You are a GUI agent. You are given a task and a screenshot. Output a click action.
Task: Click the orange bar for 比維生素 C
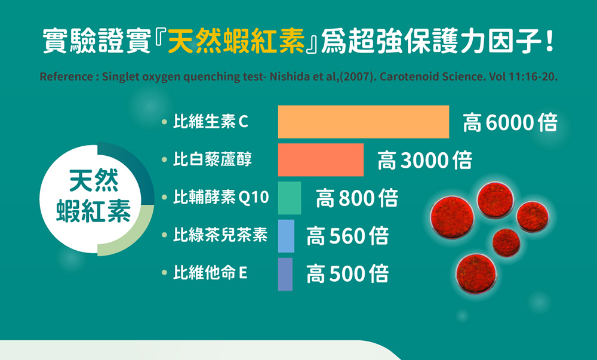coord(363,122)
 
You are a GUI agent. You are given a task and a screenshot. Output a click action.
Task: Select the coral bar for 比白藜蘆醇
coord(321,160)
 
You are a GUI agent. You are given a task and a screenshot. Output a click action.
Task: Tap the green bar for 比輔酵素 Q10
coord(290,198)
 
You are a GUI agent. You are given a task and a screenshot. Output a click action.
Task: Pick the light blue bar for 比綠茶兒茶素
coord(286,236)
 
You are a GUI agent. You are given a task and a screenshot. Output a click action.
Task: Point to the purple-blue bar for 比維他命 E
coord(285,274)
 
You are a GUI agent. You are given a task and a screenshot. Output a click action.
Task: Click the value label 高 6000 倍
coord(510,122)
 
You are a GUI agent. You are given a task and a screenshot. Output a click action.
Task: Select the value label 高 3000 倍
coord(425,160)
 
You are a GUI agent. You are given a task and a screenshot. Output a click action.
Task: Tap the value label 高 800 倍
coord(357,198)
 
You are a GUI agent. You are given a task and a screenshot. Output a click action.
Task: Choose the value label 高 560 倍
coord(347,236)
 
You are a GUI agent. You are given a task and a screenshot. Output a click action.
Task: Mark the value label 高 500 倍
coord(347,274)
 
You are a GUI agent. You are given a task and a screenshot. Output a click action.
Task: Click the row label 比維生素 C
coord(211,122)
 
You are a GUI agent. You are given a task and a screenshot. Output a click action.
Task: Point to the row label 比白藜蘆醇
coord(213,159)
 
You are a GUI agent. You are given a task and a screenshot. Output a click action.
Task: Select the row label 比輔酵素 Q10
coord(221,197)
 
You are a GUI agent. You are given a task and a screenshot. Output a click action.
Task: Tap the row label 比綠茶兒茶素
coord(220,235)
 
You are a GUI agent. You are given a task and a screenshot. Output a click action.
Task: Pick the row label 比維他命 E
coord(211,273)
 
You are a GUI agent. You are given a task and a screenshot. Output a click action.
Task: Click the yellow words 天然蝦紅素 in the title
coord(236,41)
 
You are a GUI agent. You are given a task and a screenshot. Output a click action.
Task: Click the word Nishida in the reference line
coord(285,77)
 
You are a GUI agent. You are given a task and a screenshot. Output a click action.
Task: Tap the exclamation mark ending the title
coord(549,41)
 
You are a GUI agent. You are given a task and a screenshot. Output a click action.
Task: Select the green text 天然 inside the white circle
coord(94,180)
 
